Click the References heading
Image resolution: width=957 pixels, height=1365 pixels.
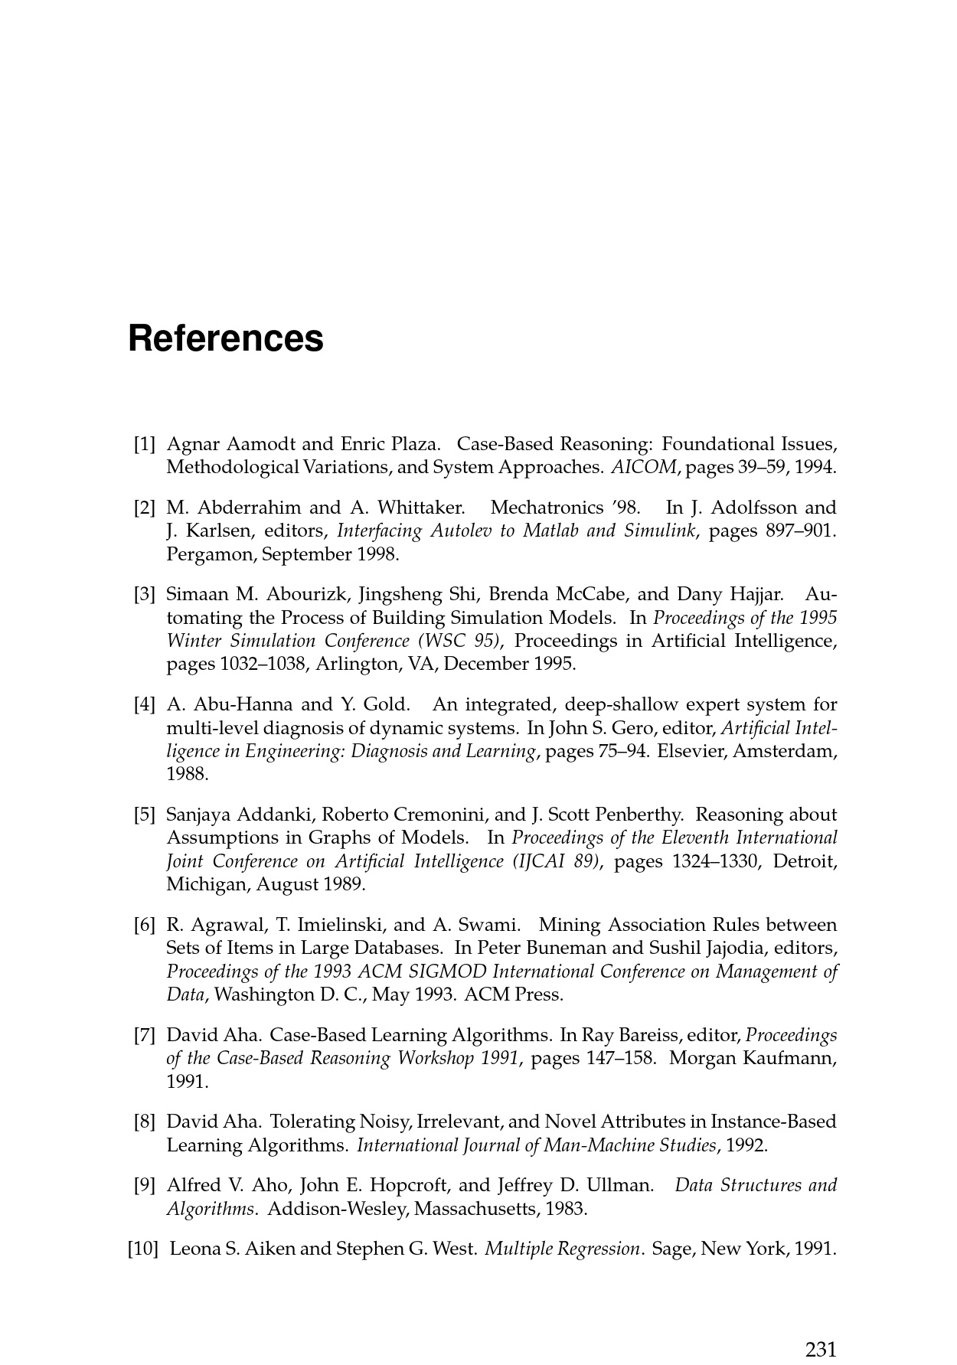click(x=226, y=338)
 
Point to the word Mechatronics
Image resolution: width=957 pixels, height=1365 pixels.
click(x=544, y=508)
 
